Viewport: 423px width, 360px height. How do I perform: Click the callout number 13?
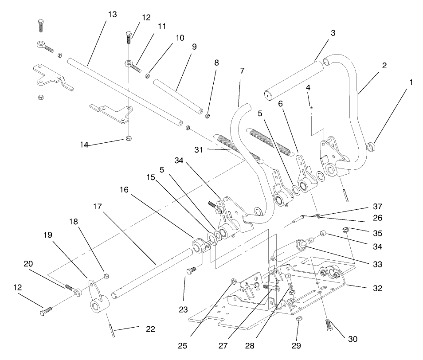click(112, 15)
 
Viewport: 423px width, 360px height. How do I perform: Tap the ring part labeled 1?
click(372, 146)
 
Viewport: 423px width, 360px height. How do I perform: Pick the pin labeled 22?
click(110, 330)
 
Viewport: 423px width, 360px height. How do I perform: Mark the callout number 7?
click(242, 71)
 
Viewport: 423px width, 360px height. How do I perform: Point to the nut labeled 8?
click(208, 116)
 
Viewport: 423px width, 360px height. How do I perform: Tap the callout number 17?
click(98, 207)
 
